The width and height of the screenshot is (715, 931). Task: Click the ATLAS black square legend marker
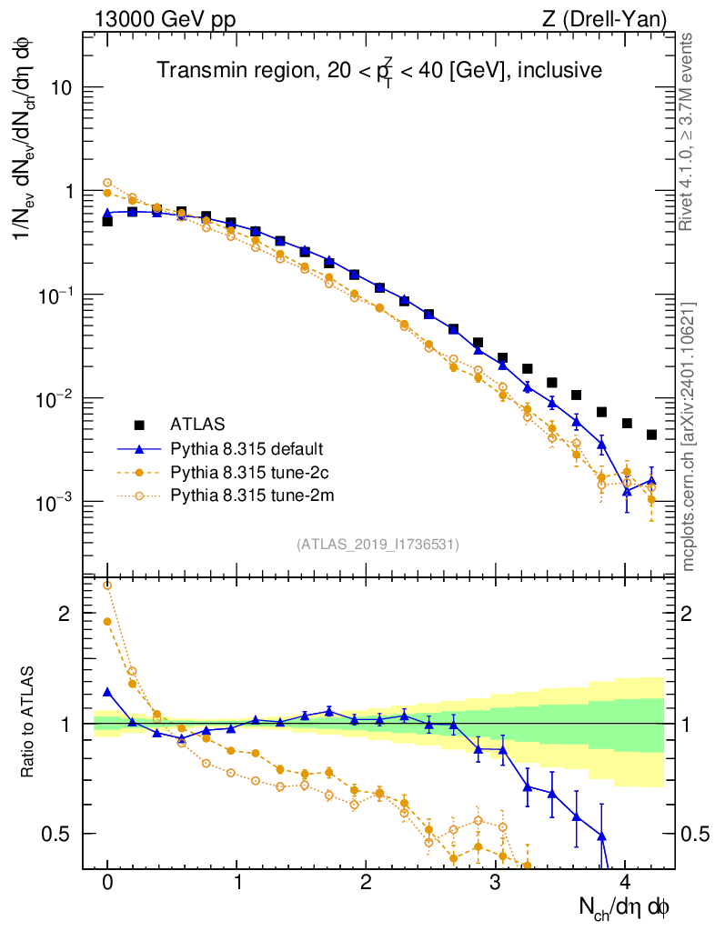139,424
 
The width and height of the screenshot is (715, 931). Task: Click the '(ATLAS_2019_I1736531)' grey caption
378,545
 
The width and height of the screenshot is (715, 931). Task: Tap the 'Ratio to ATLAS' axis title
29,723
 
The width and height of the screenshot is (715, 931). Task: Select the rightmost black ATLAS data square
651,435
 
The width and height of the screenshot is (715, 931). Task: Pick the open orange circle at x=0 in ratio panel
107,585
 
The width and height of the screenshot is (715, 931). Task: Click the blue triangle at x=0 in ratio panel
107,692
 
